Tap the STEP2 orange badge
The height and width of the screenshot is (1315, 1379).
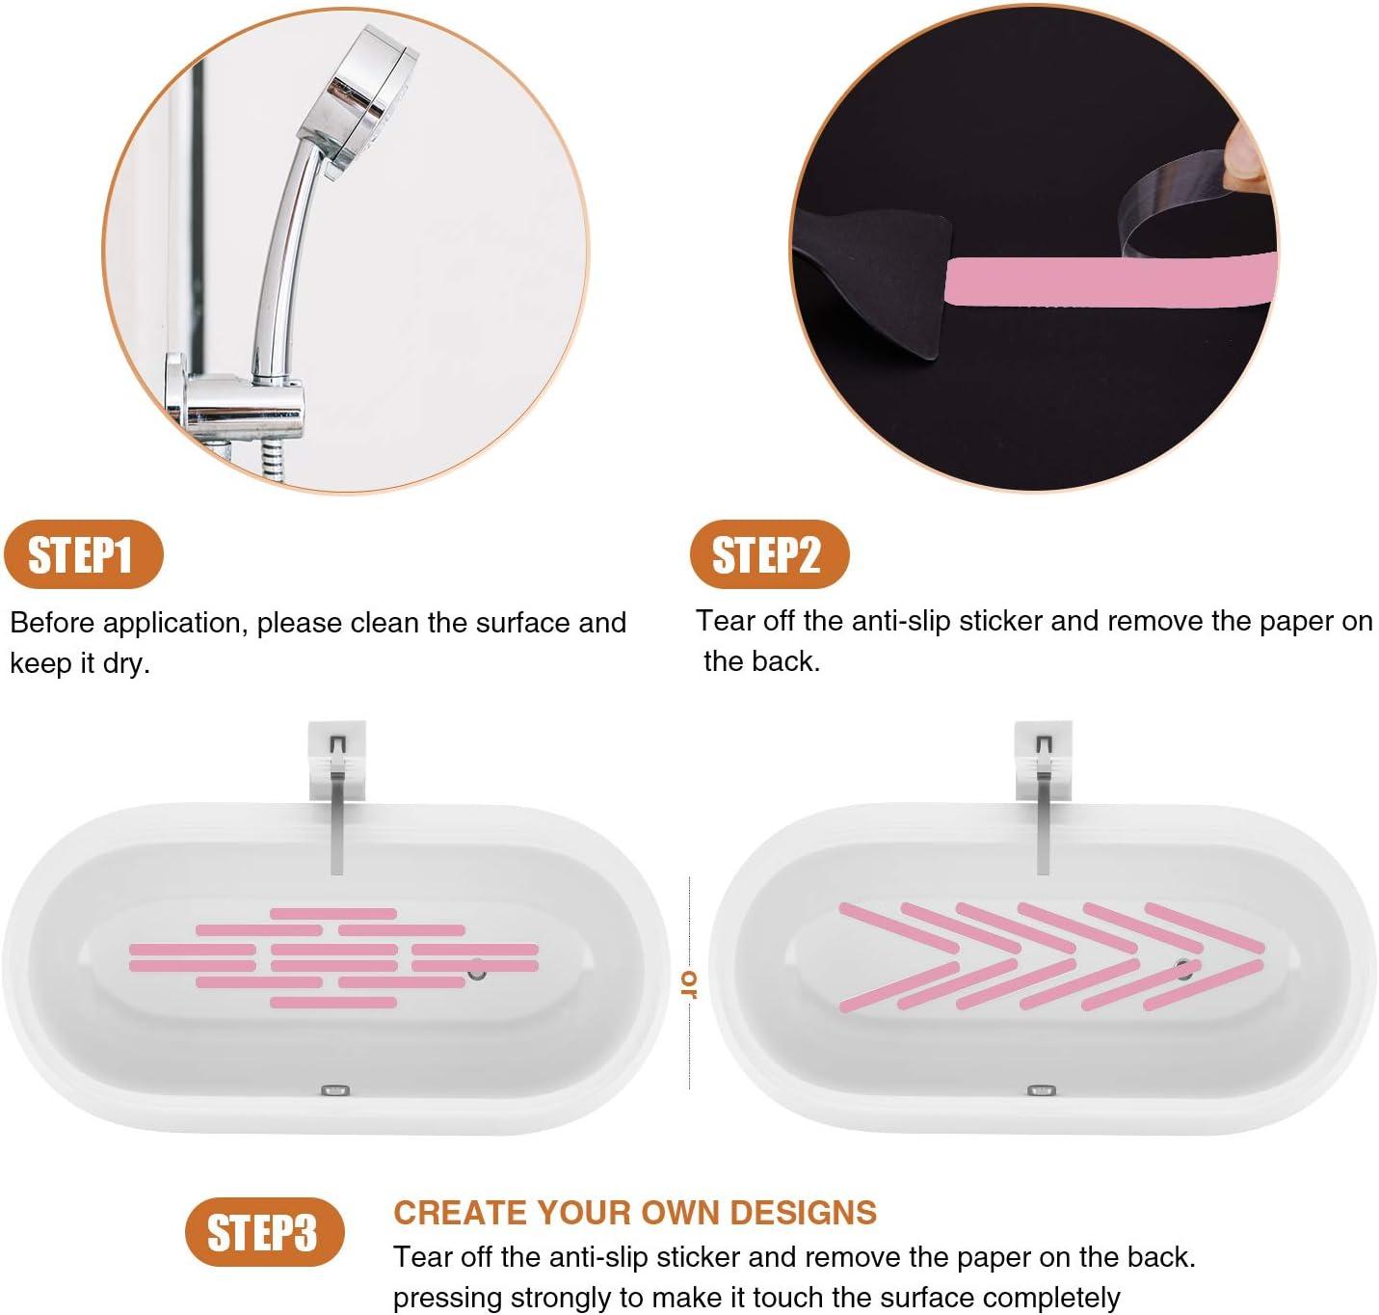[768, 554]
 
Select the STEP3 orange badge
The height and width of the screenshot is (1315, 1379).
[263, 1232]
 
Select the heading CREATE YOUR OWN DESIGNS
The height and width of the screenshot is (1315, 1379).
[635, 1212]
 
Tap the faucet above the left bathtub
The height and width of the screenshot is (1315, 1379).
[336, 800]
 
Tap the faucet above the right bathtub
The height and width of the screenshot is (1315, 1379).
[1042, 800]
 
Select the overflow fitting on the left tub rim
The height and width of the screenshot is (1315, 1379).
[334, 1090]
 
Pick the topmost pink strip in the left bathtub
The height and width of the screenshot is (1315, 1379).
[333, 913]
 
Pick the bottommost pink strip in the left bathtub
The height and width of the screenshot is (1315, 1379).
[333, 1003]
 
